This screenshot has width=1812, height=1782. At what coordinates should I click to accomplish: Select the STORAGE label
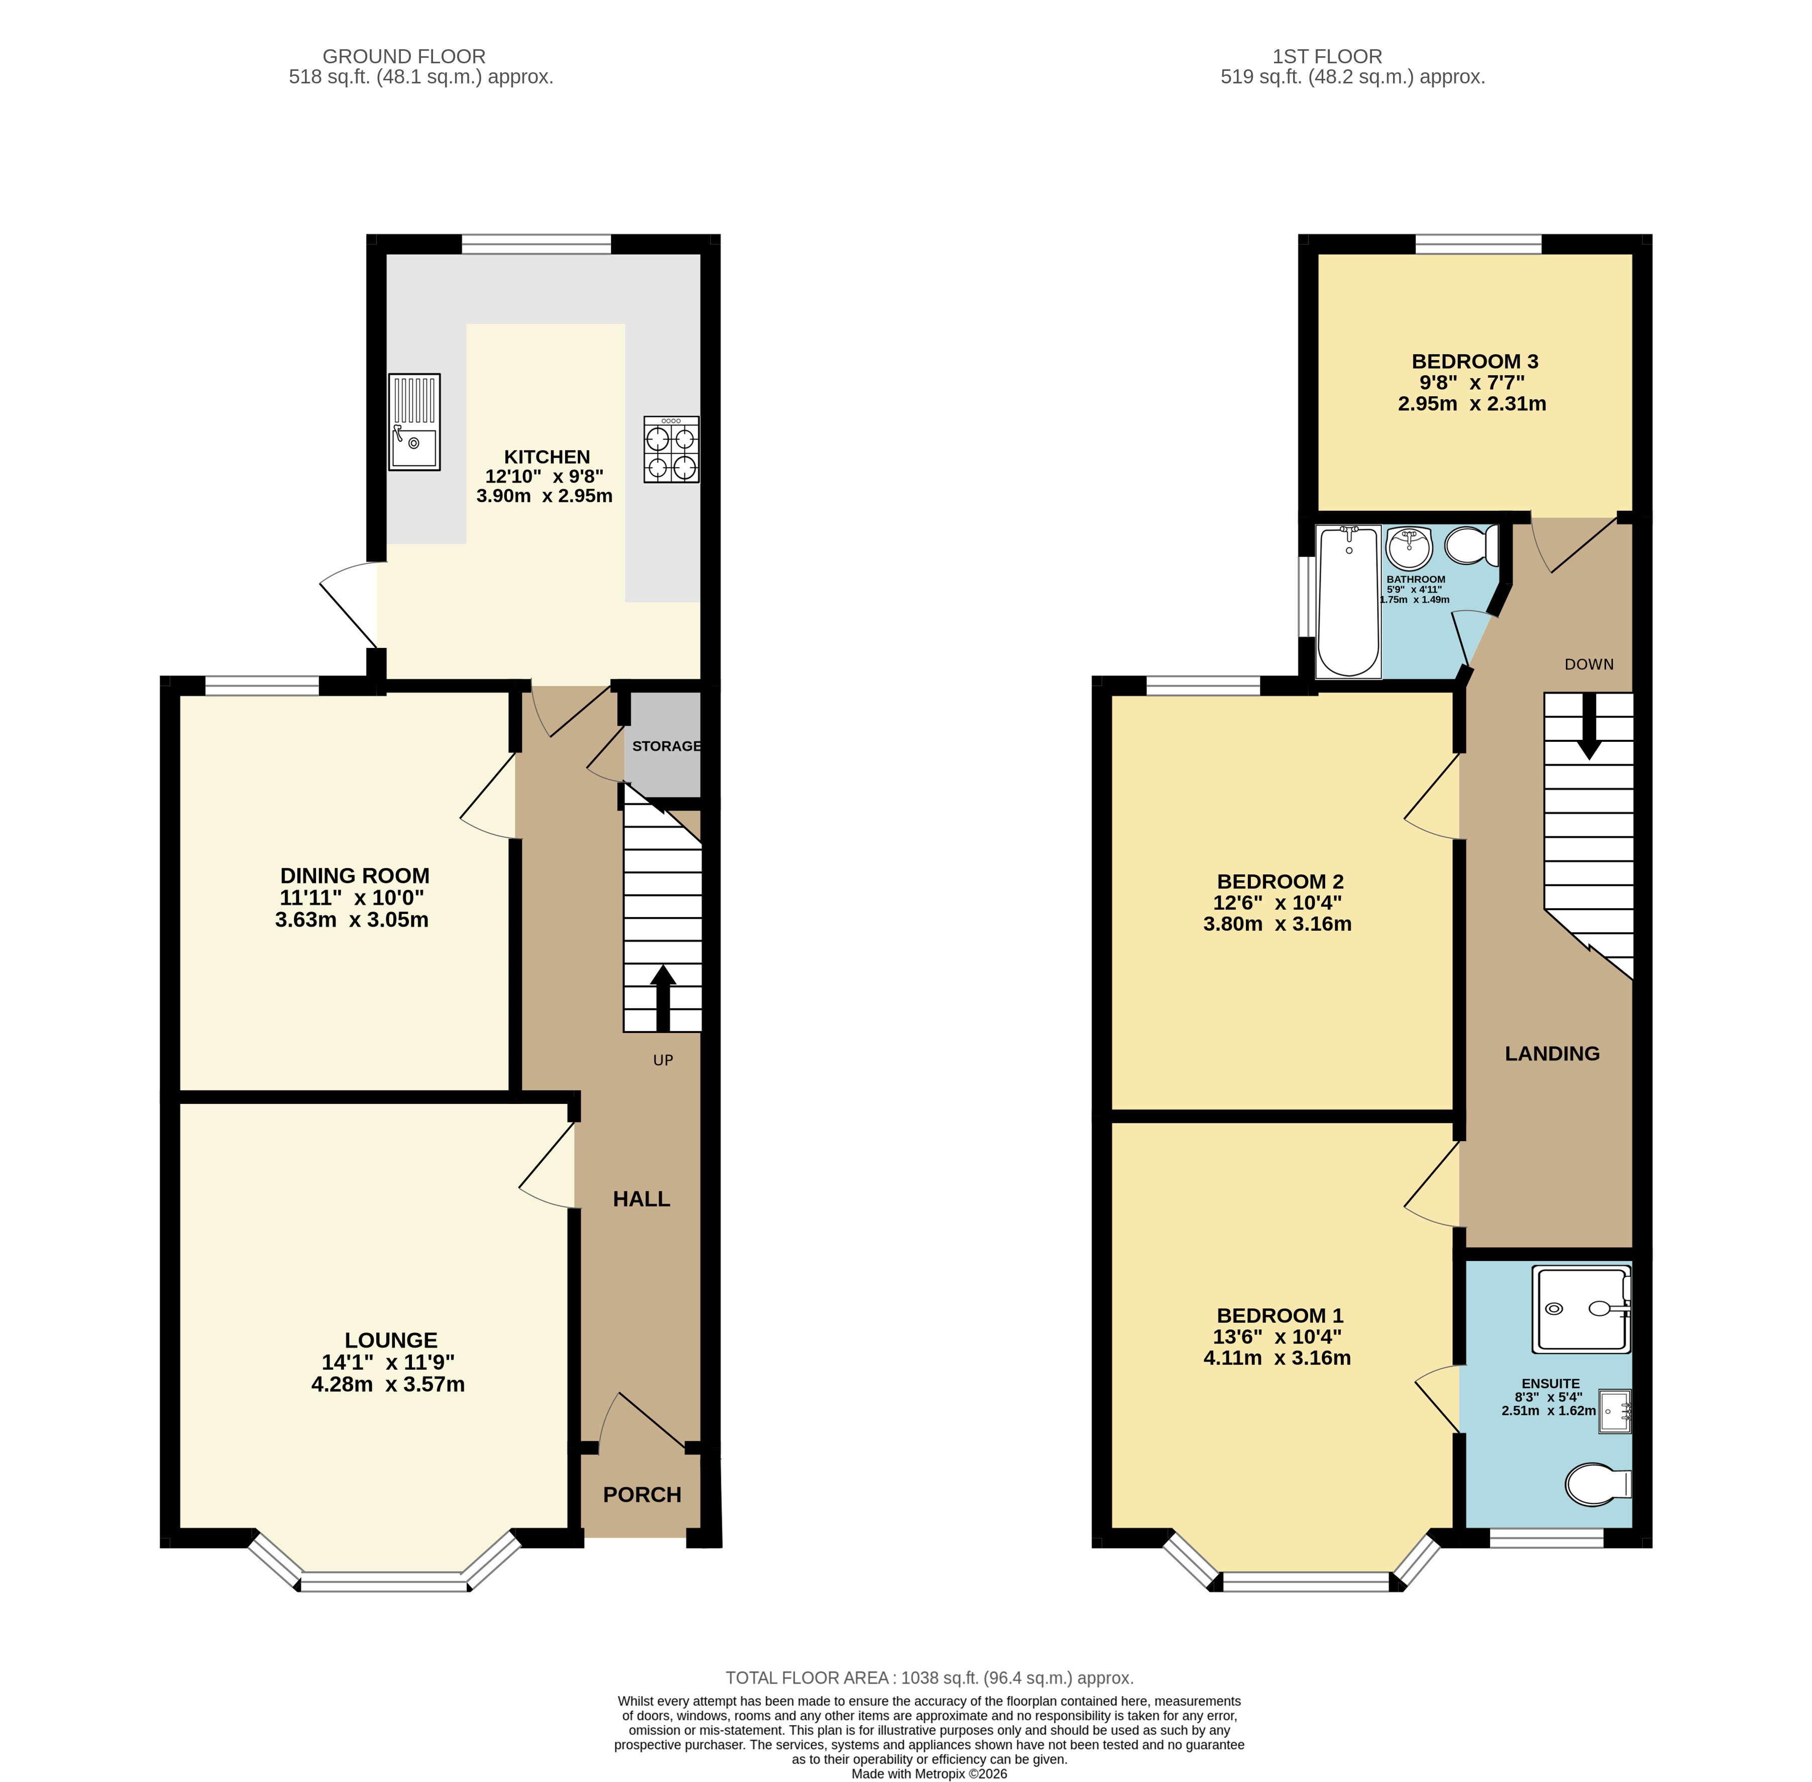point(666,746)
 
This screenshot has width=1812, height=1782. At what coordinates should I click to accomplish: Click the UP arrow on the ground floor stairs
point(663,997)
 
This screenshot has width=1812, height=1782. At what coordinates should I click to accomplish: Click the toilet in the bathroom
point(1472,545)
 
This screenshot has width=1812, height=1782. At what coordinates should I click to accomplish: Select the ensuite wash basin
point(1615,1411)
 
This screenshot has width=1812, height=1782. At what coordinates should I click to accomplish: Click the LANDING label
point(1552,1054)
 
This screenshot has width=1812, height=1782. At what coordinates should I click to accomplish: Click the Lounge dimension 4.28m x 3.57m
point(387,1384)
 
